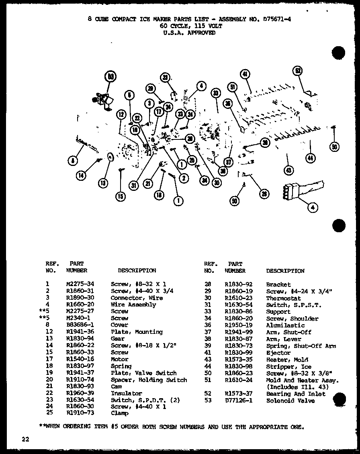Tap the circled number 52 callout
coord(298,71)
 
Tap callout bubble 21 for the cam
coord(149,184)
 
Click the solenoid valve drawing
coord(103,100)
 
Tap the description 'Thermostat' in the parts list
coord(283,298)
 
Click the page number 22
coord(25,439)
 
